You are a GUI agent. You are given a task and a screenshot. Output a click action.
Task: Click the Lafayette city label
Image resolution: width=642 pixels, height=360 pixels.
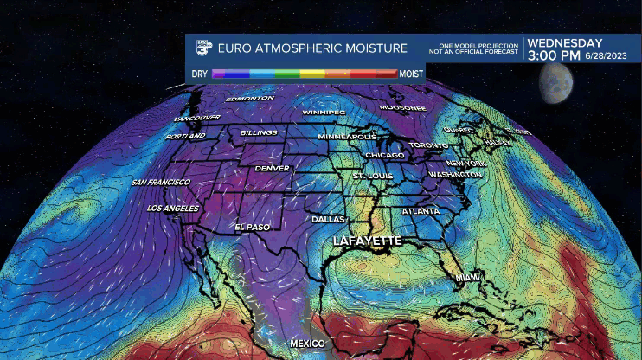point(368,241)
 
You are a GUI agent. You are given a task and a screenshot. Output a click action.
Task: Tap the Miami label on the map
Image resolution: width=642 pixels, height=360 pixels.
point(468,277)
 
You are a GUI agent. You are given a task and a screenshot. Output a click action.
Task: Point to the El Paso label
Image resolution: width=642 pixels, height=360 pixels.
point(253,227)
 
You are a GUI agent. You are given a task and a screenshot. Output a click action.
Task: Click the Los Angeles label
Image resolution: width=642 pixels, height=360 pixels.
point(173,209)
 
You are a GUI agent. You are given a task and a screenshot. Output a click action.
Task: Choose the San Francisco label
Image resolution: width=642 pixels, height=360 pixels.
point(160,183)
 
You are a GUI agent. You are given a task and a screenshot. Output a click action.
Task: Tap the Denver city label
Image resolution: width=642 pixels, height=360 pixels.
point(272,168)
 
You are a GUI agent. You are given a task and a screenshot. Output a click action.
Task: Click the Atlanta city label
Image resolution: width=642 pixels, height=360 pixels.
point(421,211)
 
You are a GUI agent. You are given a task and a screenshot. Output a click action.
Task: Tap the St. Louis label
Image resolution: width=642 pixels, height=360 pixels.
point(372,176)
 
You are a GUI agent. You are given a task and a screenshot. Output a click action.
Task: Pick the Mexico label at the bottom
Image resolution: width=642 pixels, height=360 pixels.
point(307,344)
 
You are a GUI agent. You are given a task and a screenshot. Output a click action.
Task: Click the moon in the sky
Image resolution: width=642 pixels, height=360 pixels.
point(556,81)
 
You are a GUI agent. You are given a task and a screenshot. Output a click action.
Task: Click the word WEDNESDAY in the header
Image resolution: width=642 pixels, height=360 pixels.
point(565,42)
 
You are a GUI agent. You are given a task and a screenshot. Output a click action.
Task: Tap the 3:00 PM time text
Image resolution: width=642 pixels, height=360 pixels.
point(554,55)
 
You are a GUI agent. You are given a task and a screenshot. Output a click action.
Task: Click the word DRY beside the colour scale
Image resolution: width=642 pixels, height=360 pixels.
point(200,74)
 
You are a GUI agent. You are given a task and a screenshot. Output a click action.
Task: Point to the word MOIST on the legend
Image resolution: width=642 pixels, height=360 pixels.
point(411,74)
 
